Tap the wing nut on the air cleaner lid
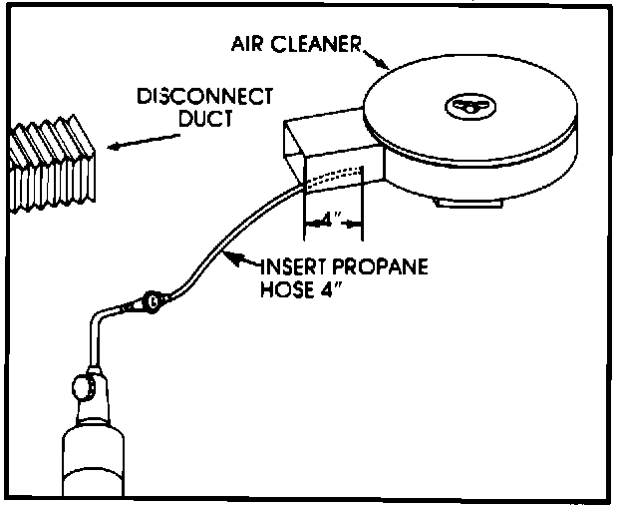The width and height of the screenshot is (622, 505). pos(466,103)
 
